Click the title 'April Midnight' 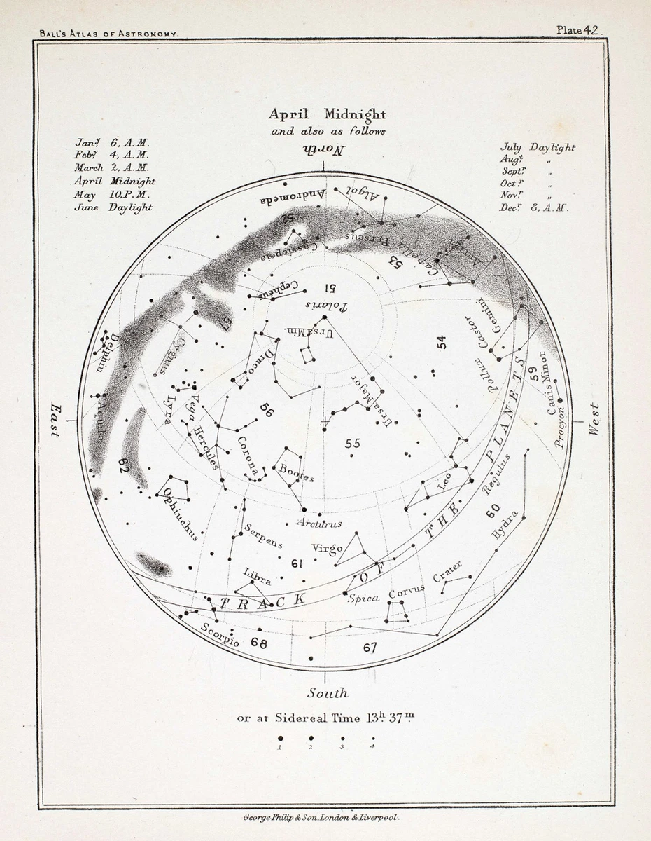point(327,114)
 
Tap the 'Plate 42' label point(579,29)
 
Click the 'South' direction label point(327,692)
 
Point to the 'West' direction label point(594,420)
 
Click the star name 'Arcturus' point(318,523)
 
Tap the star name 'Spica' point(363,598)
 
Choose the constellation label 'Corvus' point(407,592)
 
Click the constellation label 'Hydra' point(505,525)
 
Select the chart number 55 point(352,444)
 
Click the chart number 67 point(370,648)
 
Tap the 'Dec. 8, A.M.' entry point(534,208)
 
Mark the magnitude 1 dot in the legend point(280,738)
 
